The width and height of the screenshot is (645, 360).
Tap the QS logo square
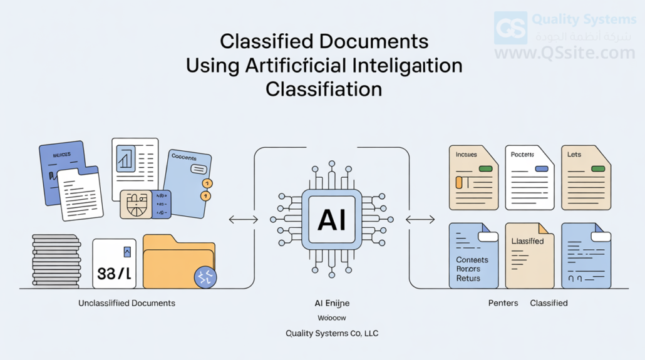[x=510, y=28]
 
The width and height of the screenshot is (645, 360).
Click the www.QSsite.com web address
[x=564, y=53]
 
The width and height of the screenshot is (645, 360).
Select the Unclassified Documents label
[x=126, y=303]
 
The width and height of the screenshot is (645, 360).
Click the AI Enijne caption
[x=332, y=303]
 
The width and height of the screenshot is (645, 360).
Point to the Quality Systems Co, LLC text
[x=332, y=334]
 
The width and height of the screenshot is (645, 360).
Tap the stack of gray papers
[x=56, y=260]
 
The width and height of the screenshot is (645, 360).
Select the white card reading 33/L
[x=114, y=264]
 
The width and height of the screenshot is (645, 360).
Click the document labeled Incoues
[x=473, y=178]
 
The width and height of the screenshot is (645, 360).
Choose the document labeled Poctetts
[x=529, y=178]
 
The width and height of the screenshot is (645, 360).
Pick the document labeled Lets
[x=586, y=178]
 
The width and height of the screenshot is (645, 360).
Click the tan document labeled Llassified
[x=529, y=255]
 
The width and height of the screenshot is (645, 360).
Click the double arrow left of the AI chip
[x=243, y=219]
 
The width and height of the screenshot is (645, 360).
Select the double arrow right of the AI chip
[x=421, y=219]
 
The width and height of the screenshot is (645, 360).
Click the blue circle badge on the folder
[x=205, y=277]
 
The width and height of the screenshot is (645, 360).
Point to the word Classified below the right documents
[x=549, y=303]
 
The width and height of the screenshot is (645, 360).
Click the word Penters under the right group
[x=503, y=303]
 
